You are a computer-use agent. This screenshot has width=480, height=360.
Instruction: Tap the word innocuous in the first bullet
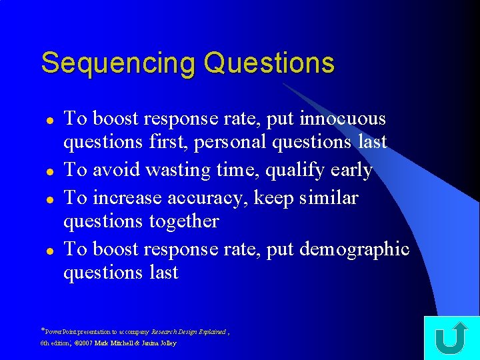click(343, 119)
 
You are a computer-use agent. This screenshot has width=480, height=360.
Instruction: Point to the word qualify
click(296, 171)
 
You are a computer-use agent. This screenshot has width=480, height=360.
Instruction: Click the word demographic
click(355, 249)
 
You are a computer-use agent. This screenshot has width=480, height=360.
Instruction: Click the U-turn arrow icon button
click(451, 338)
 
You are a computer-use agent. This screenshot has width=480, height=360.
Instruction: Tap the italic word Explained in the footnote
click(211, 331)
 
